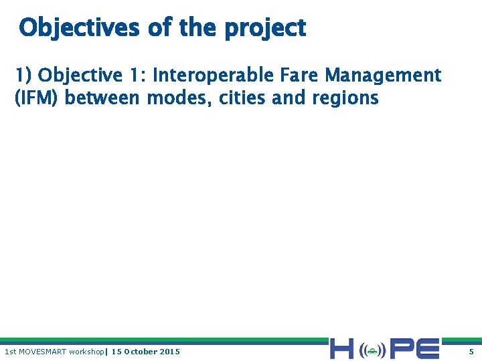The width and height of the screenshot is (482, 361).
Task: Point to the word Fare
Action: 297,75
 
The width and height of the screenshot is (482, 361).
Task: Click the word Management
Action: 383,75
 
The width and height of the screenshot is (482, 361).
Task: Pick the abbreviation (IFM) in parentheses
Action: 37,98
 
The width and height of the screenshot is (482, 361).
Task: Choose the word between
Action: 103,98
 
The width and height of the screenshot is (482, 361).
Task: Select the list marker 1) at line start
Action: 23,75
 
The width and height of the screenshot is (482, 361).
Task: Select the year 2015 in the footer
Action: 170,352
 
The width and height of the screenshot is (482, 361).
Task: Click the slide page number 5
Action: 471,352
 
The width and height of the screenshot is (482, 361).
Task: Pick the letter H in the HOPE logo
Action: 342,349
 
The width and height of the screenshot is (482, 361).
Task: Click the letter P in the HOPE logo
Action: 402,349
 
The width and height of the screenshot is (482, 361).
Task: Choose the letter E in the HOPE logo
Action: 428,349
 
